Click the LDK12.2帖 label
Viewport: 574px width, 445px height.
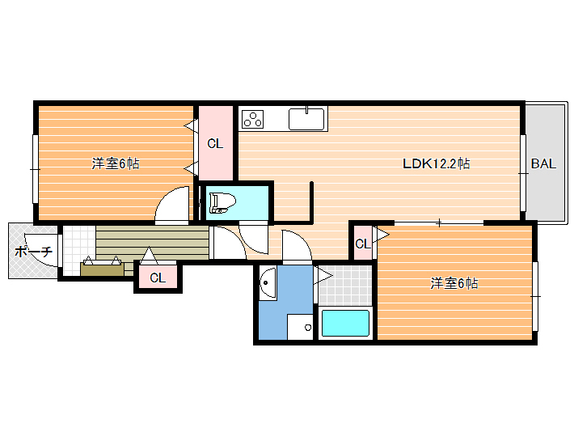point(436,163)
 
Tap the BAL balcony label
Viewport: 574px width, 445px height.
point(543,163)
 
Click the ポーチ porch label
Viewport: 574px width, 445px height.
point(33,252)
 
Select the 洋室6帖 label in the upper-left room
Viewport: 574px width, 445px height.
point(116,163)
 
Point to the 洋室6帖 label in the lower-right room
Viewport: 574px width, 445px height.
point(454,283)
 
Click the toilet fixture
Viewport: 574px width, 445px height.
point(222,203)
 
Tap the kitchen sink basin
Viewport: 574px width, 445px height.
point(306,118)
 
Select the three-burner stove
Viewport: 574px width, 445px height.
point(252,118)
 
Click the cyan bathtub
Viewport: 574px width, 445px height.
point(345,323)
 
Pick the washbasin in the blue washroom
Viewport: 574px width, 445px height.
point(268,282)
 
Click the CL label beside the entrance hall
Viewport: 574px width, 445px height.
point(158,278)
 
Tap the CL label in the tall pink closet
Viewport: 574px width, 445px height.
point(215,143)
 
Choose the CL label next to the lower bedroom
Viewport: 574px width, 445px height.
point(363,244)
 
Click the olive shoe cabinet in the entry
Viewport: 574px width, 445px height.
point(102,269)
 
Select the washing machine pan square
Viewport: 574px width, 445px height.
point(300,327)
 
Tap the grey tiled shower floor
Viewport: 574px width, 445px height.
point(345,286)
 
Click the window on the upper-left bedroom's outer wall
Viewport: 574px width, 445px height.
point(36,169)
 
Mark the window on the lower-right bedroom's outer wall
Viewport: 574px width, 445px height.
point(535,296)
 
